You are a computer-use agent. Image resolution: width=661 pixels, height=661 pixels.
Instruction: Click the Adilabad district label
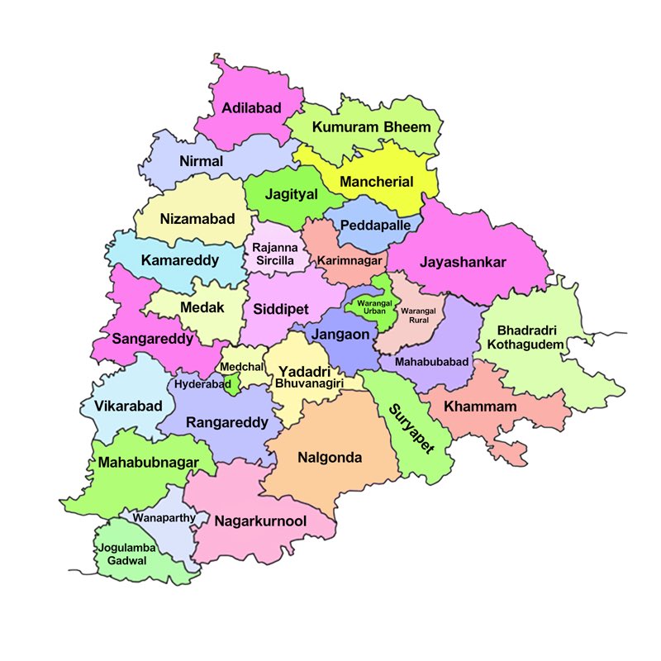point(250,108)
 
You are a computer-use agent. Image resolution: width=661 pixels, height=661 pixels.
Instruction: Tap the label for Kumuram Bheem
point(372,127)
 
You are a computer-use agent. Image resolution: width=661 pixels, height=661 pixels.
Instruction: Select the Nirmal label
point(201,161)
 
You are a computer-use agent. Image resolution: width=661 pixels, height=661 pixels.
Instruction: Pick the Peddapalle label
point(373,225)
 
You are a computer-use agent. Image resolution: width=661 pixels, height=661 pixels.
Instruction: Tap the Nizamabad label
point(197,219)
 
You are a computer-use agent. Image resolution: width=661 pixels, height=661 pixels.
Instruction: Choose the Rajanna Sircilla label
point(273,254)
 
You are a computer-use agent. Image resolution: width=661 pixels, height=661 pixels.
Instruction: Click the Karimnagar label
point(350,260)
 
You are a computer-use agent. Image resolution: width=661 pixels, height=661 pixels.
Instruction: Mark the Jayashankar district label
point(463,262)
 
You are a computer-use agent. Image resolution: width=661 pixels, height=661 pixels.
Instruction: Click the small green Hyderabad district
point(234,383)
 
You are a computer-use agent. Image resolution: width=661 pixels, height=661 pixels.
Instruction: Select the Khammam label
point(480,407)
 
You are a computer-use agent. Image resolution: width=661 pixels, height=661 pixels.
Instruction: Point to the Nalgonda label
point(330,457)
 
